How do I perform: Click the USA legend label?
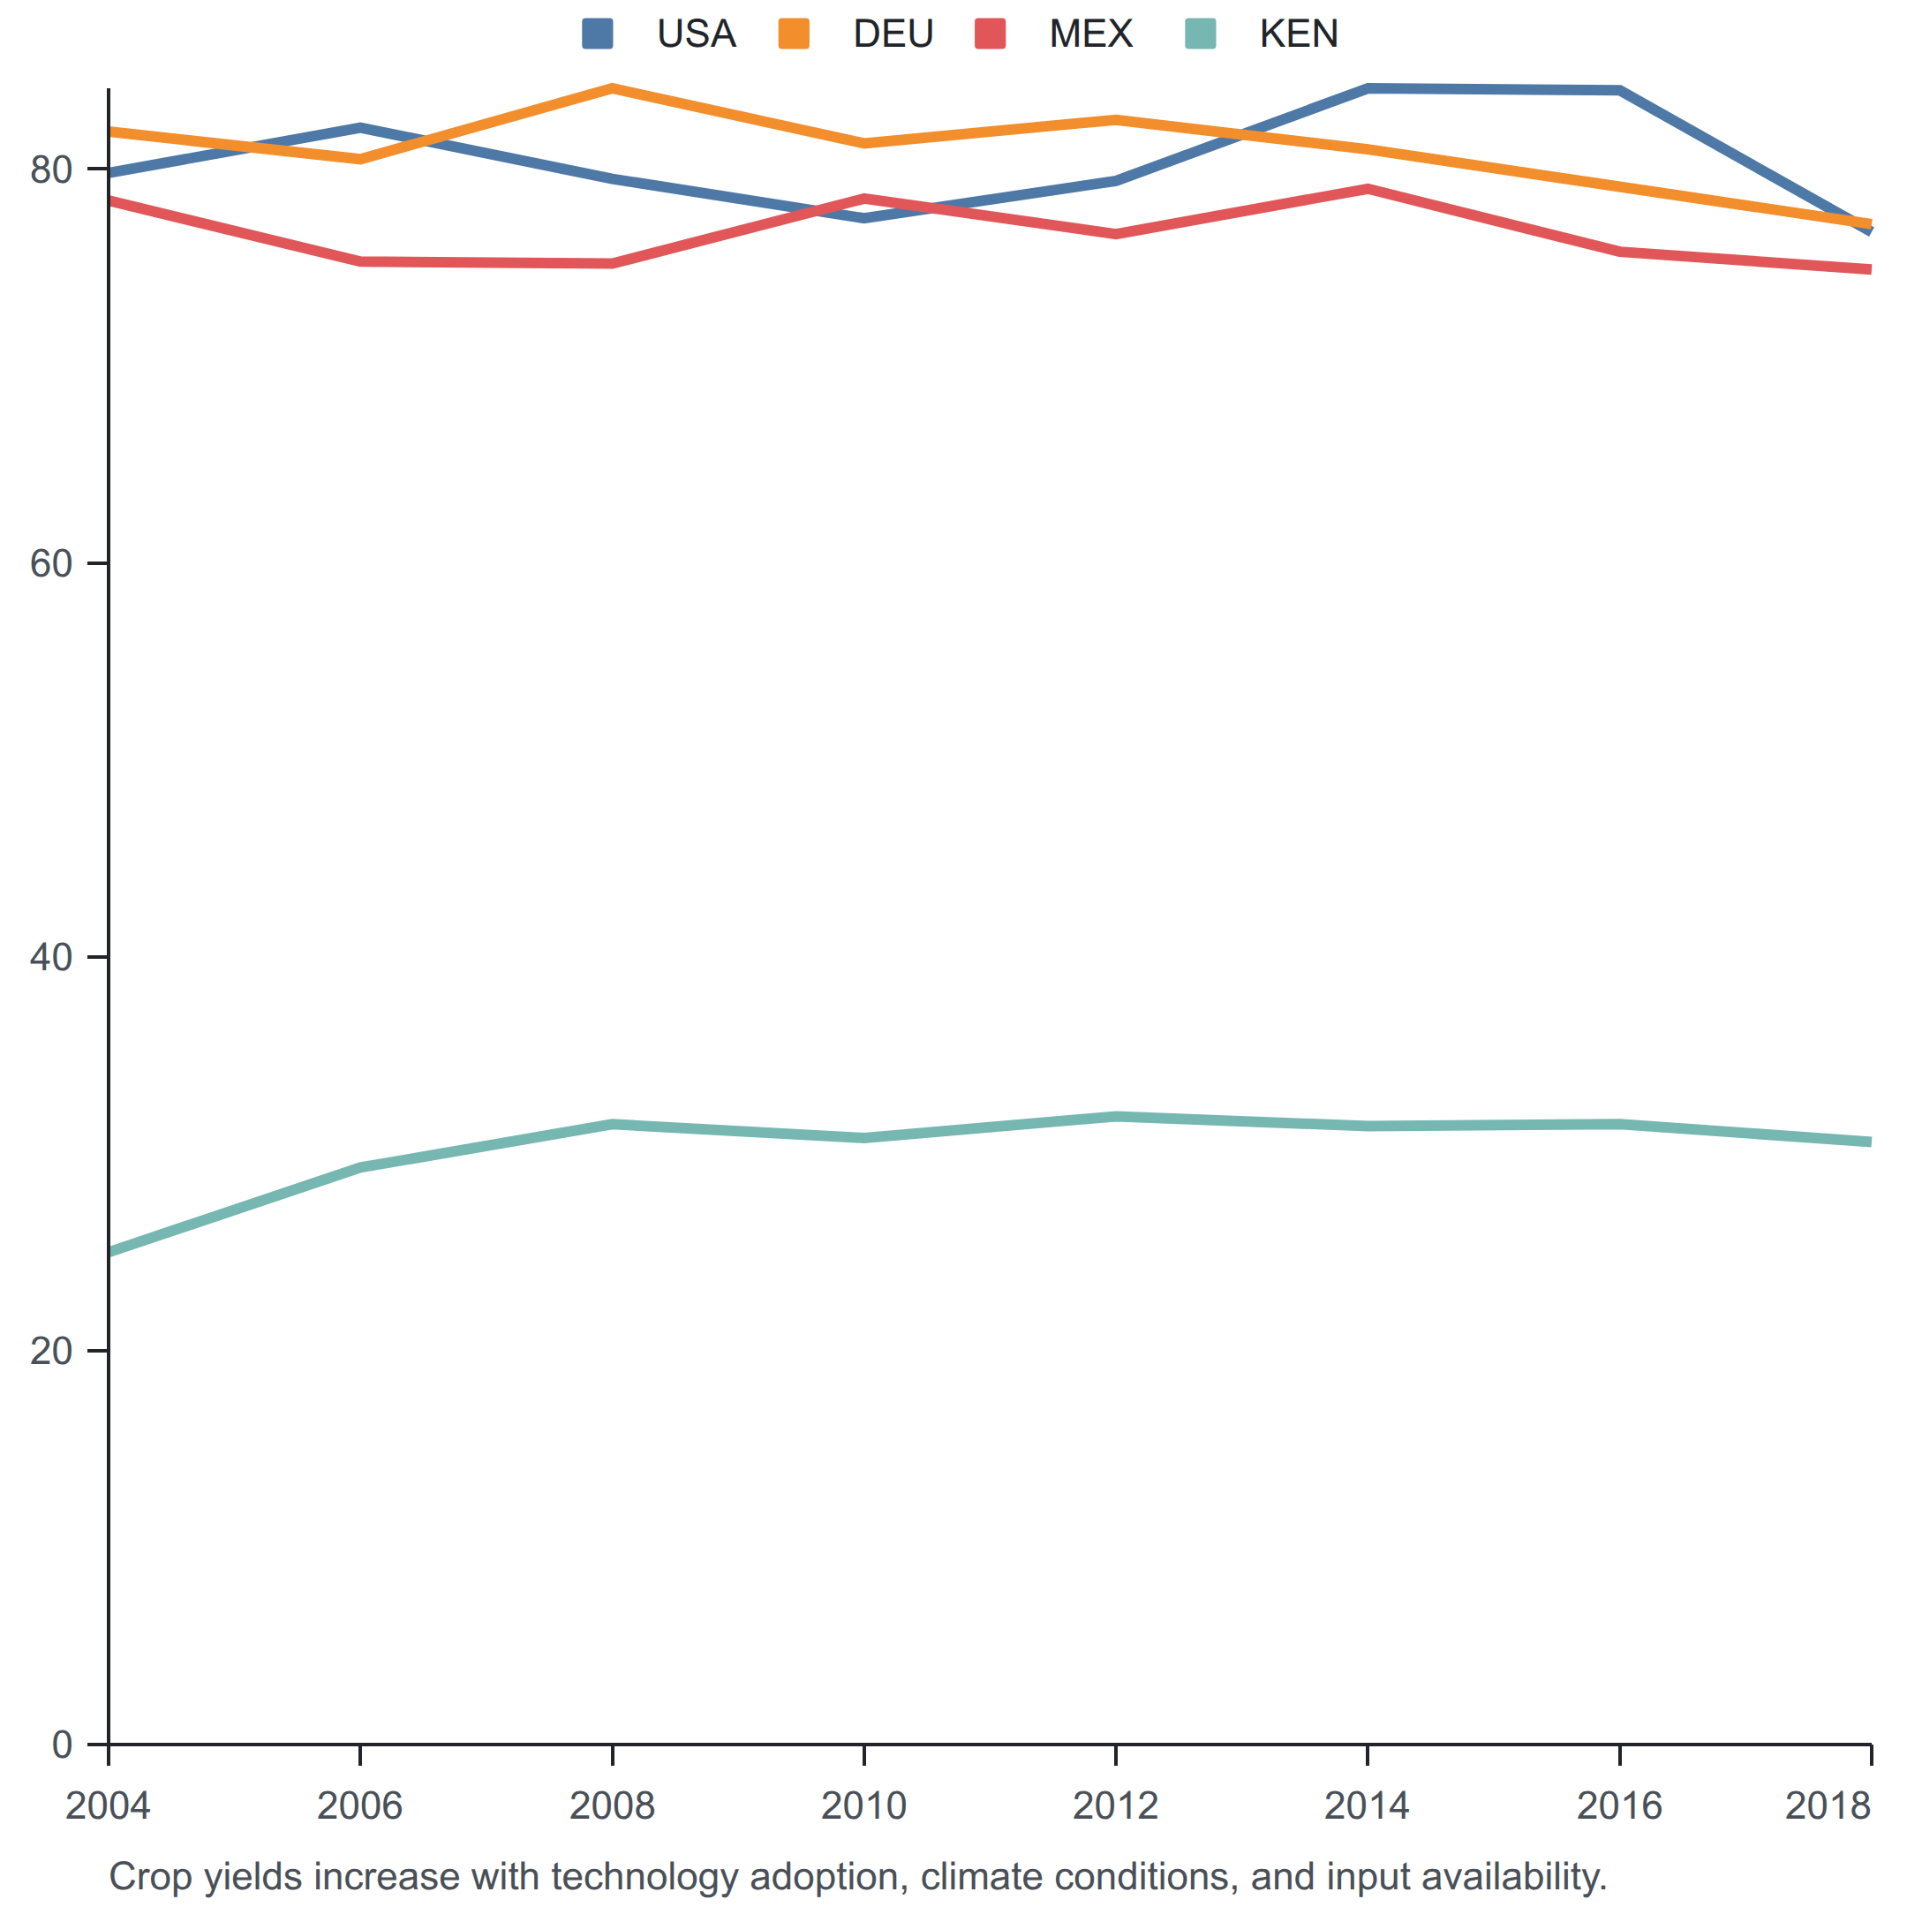[x=696, y=34]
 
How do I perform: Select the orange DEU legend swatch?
[x=794, y=34]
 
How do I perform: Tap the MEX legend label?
[x=1090, y=34]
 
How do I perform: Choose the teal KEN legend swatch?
[x=1201, y=34]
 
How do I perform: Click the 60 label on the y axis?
[x=51, y=563]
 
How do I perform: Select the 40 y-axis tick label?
[x=51, y=956]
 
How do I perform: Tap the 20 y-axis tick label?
[x=51, y=1350]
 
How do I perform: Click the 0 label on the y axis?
[x=62, y=1745]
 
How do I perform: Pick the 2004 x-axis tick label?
[x=108, y=1805]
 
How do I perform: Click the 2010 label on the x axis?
[x=863, y=1805]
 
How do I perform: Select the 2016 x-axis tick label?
[x=1619, y=1805]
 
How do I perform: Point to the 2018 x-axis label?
[x=1828, y=1805]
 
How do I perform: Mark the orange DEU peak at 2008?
[x=612, y=88]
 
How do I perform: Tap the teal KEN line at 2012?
[x=1115, y=1116]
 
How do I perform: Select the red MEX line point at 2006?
[x=360, y=261]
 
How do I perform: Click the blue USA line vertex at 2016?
[x=1619, y=90]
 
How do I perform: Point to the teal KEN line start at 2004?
[x=109, y=1253]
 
